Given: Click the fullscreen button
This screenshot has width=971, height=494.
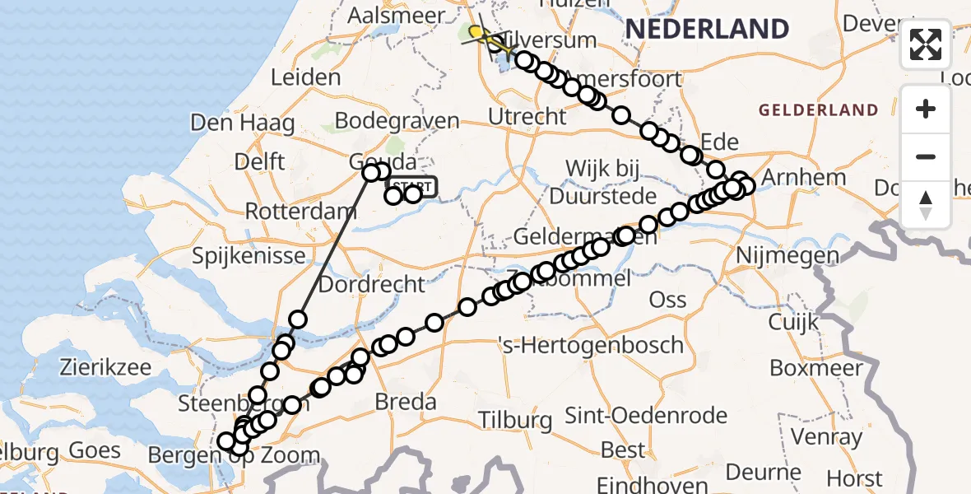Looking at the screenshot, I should (926, 44).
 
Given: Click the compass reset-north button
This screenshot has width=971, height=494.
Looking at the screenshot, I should (926, 204).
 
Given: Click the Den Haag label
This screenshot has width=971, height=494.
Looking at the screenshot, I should (243, 123).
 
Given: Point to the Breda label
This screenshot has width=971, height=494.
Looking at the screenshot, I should (405, 403).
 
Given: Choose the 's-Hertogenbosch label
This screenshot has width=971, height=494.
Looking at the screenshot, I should (591, 345).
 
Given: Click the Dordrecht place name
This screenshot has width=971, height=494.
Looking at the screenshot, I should (372, 284).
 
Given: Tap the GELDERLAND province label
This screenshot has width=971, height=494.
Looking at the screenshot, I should (818, 110).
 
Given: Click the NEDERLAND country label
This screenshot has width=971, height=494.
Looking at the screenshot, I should (707, 29).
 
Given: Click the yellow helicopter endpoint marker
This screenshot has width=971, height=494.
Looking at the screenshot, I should (476, 31).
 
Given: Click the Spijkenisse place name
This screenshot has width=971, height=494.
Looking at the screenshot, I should (249, 256).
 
